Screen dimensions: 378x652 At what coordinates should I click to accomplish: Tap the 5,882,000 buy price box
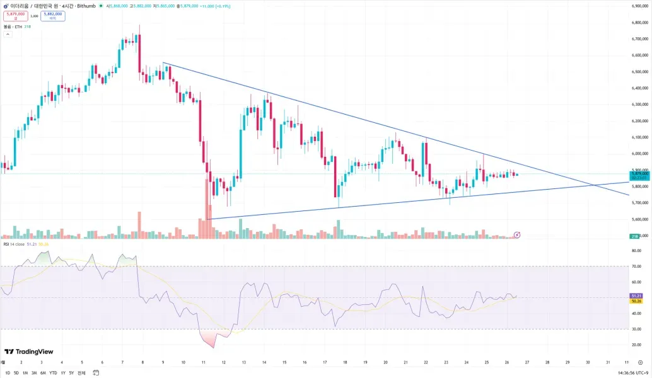click(x=52, y=16)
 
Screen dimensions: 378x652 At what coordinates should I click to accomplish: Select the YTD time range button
click(x=53, y=373)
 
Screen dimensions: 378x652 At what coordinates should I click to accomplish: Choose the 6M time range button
click(x=43, y=373)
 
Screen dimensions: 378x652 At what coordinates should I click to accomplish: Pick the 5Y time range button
click(x=71, y=373)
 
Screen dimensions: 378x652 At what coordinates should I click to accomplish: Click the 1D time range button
click(x=8, y=373)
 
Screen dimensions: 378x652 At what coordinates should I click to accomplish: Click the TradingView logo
click(x=28, y=352)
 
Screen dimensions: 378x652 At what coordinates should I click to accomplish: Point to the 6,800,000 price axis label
click(x=640, y=23)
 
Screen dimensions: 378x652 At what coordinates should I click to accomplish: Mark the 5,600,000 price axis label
click(x=640, y=219)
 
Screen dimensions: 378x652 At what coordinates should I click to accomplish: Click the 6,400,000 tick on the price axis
click(x=640, y=88)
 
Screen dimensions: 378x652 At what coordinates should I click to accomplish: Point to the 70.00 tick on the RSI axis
click(x=636, y=266)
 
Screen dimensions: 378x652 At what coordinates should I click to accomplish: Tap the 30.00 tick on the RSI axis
click(x=636, y=329)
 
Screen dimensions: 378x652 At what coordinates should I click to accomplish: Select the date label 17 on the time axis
click(x=324, y=363)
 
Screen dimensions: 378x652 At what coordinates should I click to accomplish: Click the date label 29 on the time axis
click(x=568, y=363)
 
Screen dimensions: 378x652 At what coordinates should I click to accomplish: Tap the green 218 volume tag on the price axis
click(x=635, y=236)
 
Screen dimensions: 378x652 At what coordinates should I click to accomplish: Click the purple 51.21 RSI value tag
click(x=636, y=295)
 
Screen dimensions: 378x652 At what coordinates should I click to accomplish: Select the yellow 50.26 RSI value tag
click(x=636, y=301)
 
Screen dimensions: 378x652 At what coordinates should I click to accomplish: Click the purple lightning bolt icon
click(x=517, y=235)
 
